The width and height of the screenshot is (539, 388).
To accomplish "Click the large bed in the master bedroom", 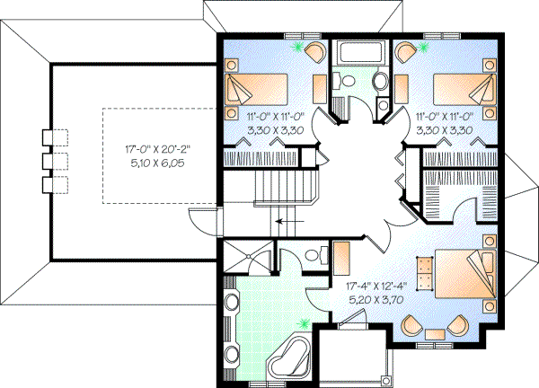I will pyautogui.click(x=464, y=271).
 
